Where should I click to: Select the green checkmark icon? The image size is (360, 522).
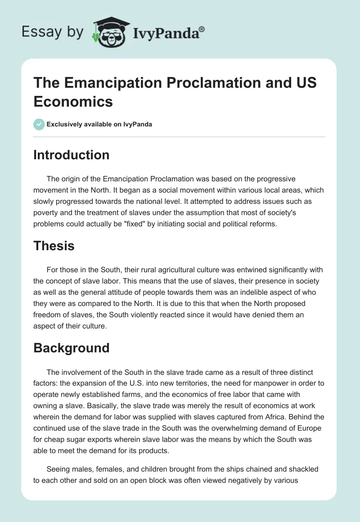pyautogui.click(x=39, y=124)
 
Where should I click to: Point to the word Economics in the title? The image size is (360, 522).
pyautogui.click(x=73, y=101)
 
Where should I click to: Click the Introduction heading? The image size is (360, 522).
pyautogui.click(x=72, y=155)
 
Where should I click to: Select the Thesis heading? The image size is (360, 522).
pyautogui.click(x=54, y=246)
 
